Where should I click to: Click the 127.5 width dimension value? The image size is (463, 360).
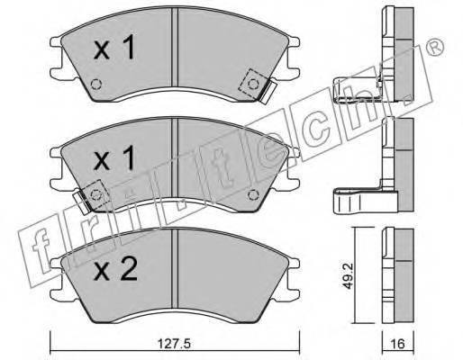tap(174, 344)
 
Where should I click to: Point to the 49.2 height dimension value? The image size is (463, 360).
tap(348, 276)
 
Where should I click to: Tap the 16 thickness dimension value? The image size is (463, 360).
tap(398, 344)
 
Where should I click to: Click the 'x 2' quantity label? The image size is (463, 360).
tap(115, 269)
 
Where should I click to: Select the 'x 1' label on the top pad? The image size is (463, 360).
tap(114, 48)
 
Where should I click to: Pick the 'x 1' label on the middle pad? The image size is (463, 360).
tap(114, 159)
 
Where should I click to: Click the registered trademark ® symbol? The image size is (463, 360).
tap(435, 48)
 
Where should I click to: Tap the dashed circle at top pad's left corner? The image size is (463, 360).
tap(96, 84)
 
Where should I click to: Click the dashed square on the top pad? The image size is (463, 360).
tap(253, 85)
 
